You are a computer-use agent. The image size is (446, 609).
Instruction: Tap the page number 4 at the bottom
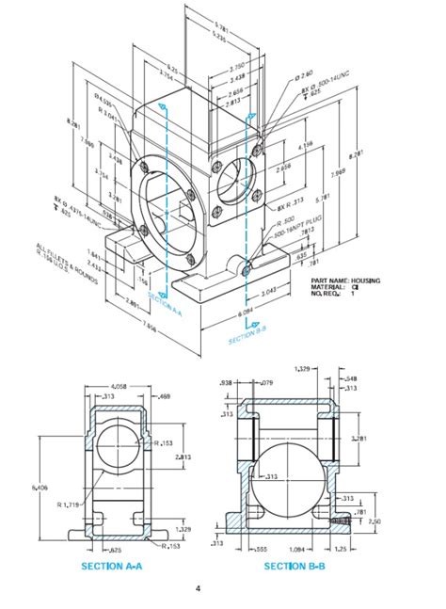click(198, 589)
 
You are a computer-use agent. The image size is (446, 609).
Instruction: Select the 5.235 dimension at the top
click(221, 35)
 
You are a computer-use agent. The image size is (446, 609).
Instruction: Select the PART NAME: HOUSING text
click(345, 280)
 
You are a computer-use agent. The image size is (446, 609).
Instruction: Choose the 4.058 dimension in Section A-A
click(119, 386)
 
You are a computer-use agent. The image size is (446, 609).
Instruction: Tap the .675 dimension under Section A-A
click(116, 548)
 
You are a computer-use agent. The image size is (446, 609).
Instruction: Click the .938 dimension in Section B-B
click(225, 383)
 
